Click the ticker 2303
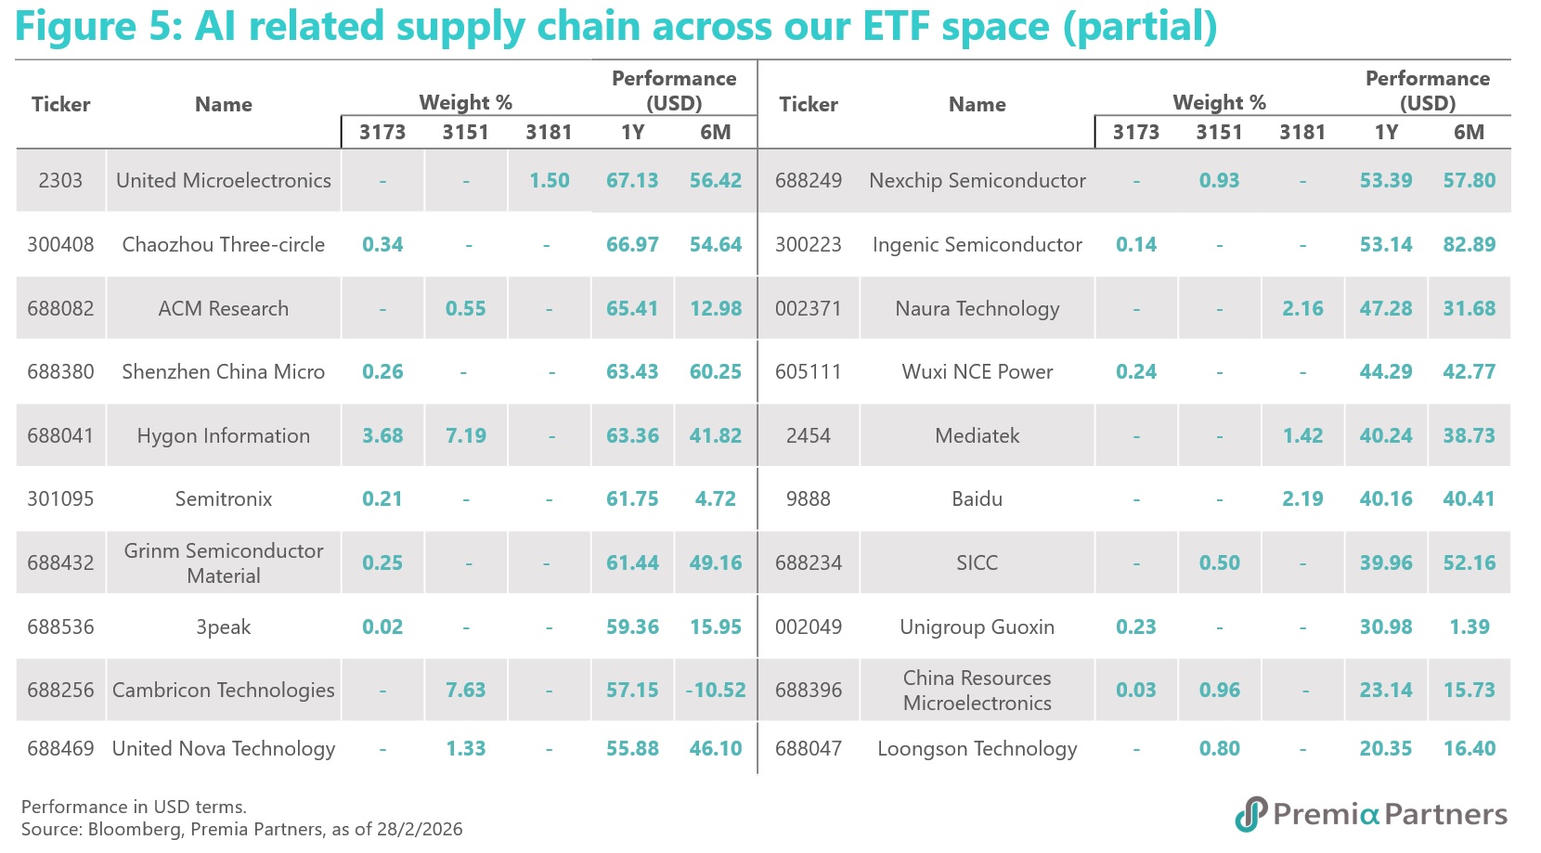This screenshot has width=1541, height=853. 60,180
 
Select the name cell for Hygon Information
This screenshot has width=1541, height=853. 224,435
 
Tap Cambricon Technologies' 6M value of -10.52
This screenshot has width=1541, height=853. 716,690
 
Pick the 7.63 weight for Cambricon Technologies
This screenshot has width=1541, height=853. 466,690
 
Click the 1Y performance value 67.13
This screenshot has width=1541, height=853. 632,180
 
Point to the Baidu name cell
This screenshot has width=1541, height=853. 977,498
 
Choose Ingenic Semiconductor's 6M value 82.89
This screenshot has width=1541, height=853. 1469,244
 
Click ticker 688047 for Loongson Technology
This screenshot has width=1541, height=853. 809,748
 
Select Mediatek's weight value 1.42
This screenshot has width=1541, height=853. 1302,435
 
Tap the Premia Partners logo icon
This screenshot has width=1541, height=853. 1251,814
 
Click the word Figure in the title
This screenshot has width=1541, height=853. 76,28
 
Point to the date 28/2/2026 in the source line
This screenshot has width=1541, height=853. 419,829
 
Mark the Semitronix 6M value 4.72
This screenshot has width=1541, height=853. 716,498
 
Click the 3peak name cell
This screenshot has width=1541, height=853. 224,627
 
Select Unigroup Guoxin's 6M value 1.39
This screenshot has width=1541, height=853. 1469,627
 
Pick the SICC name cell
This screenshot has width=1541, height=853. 977,562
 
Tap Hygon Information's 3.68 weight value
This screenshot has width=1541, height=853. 382,435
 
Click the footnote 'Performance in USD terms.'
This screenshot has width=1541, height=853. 135,807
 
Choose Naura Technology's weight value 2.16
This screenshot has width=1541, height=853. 1302,308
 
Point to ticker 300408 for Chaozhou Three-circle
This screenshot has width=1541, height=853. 60,244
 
